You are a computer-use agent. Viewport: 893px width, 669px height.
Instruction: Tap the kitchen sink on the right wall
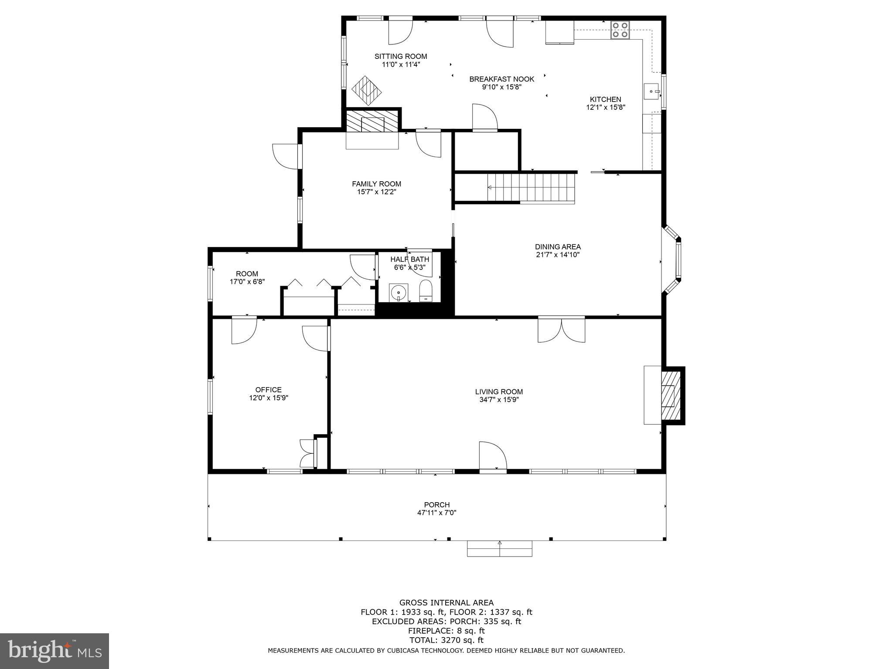pyautogui.click(x=652, y=91)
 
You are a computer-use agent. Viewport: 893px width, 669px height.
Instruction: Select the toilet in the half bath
pyautogui.click(x=425, y=291)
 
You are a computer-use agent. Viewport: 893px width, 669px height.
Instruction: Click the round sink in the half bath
pyautogui.click(x=399, y=292)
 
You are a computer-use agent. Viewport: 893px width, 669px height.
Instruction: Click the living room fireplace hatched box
pyautogui.click(x=671, y=395)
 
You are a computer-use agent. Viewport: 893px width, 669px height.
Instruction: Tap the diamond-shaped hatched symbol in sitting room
pyautogui.click(x=367, y=90)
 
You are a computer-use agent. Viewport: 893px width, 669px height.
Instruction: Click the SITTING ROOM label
pyautogui.click(x=401, y=56)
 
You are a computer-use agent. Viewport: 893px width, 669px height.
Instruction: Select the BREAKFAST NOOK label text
pyautogui.click(x=501, y=79)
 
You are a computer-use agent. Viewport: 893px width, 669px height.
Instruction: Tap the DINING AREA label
pyautogui.click(x=558, y=247)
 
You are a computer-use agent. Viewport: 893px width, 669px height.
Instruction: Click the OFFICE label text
pyautogui.click(x=268, y=390)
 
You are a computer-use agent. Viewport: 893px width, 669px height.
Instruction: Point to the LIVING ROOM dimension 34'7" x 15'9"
pyautogui.click(x=499, y=399)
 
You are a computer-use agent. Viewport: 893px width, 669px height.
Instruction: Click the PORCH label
pyautogui.click(x=436, y=505)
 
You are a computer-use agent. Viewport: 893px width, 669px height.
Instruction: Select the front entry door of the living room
pyautogui.click(x=492, y=456)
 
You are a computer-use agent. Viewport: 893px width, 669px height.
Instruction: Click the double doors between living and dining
pyautogui.click(x=561, y=330)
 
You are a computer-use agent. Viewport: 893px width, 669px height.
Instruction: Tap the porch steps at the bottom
pyautogui.click(x=499, y=549)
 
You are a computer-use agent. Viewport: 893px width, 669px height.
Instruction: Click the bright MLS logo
pyautogui.click(x=55, y=651)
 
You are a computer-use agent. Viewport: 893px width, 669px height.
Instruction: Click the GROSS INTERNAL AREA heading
pyautogui.click(x=446, y=603)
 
